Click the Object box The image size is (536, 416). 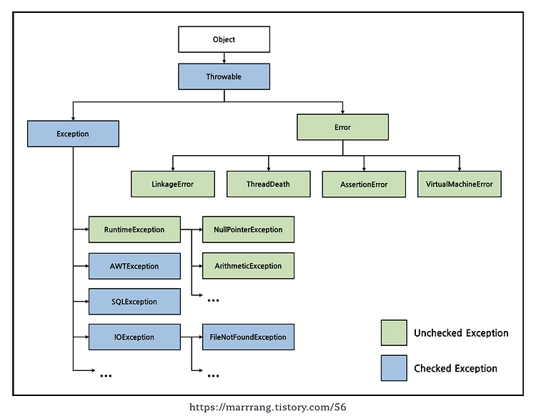224,39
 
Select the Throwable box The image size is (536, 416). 224,76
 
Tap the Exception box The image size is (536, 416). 73,134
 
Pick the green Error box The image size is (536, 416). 342,127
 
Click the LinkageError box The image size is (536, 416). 173,184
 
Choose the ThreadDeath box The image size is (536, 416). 268,184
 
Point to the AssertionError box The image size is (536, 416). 364,184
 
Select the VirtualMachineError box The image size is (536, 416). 460,184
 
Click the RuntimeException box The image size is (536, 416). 134,229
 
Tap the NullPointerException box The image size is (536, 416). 248,229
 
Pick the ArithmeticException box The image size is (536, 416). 248,266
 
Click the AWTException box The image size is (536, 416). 134,267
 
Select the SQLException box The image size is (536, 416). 134,302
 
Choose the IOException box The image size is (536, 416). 134,337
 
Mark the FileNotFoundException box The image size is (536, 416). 248,337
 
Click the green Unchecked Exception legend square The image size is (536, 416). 394,333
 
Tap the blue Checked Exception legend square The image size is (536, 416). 394,368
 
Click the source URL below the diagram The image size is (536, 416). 268,407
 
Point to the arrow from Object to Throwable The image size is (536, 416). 224,58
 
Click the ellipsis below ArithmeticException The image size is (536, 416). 213,300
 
